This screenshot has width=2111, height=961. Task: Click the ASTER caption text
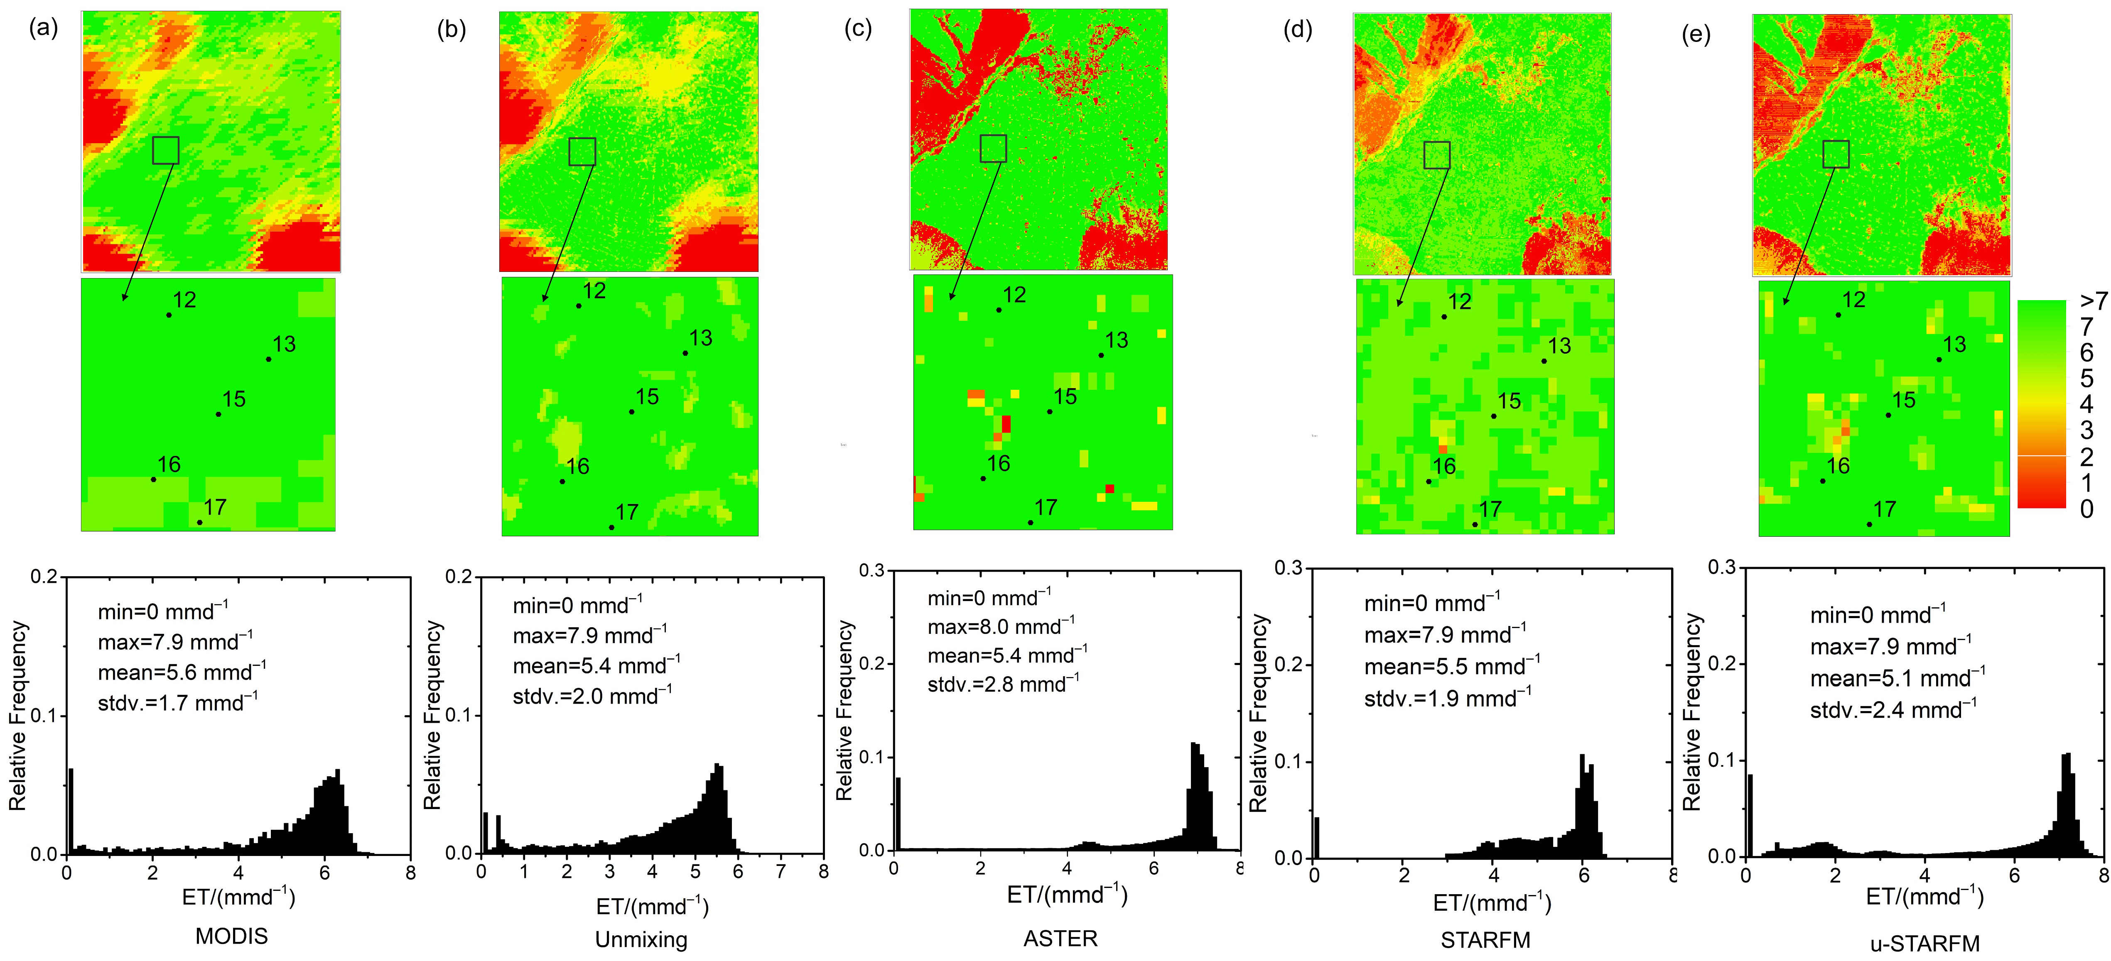click(x=1060, y=938)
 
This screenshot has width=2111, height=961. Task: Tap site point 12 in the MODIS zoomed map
click(x=169, y=315)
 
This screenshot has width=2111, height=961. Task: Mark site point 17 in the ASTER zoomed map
click(x=1030, y=522)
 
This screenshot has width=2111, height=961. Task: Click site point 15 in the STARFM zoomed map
click(x=1493, y=416)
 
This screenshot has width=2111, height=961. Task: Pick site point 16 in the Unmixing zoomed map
click(x=562, y=481)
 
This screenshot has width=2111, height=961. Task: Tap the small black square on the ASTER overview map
click(x=993, y=148)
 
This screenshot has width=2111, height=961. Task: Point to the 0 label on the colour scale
click(x=2086, y=509)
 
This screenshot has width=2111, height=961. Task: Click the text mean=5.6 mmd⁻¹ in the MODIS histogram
click(x=181, y=672)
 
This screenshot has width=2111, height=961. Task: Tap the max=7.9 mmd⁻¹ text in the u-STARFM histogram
click(x=1890, y=646)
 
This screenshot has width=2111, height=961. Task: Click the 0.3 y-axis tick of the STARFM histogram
click(x=1289, y=568)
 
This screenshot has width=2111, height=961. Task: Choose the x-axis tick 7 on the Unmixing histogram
click(x=781, y=872)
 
